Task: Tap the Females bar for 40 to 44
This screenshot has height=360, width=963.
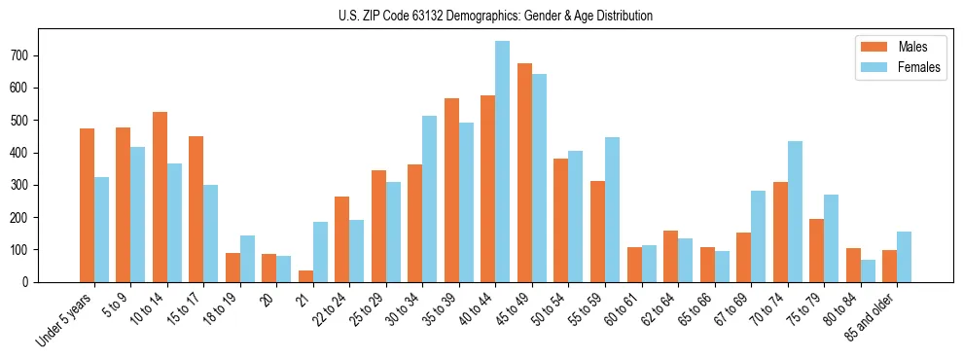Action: click(503, 162)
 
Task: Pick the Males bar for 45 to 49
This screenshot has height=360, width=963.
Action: click(524, 173)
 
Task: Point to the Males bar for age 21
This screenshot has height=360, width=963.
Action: click(305, 276)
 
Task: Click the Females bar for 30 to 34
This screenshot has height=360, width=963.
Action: click(430, 198)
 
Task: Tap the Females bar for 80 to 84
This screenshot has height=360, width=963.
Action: click(868, 270)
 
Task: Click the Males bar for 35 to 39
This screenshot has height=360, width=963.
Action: click(451, 190)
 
